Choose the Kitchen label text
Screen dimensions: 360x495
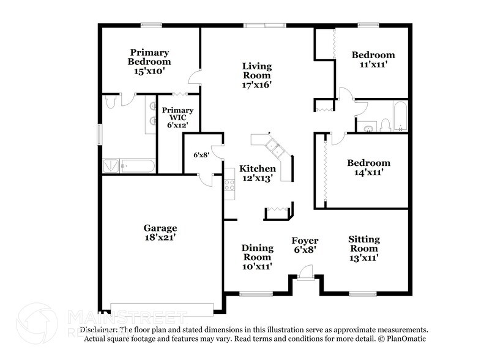257,168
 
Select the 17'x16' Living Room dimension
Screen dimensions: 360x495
257,85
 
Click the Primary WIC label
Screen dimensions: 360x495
178,114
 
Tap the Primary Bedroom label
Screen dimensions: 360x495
149,57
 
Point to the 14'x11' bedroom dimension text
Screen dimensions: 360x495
368,173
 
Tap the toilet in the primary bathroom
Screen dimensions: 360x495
110,102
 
